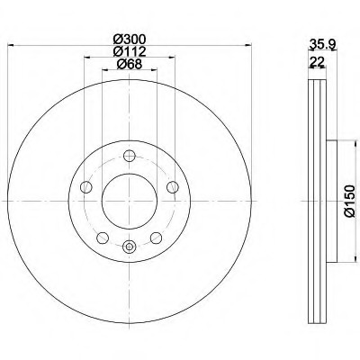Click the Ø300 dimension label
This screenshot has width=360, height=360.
(130, 39)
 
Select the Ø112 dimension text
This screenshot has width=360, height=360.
(130, 51)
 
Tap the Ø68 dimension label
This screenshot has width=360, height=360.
(130, 64)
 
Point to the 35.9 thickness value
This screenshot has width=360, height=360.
(322, 45)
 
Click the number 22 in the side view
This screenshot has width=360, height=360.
(317, 62)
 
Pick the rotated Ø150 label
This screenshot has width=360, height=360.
(349, 201)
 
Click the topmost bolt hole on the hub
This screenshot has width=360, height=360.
(130, 156)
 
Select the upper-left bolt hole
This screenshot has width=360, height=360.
(86, 187)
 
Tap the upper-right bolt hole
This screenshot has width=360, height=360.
(173, 187)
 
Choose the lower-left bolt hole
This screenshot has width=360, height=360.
(103, 238)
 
